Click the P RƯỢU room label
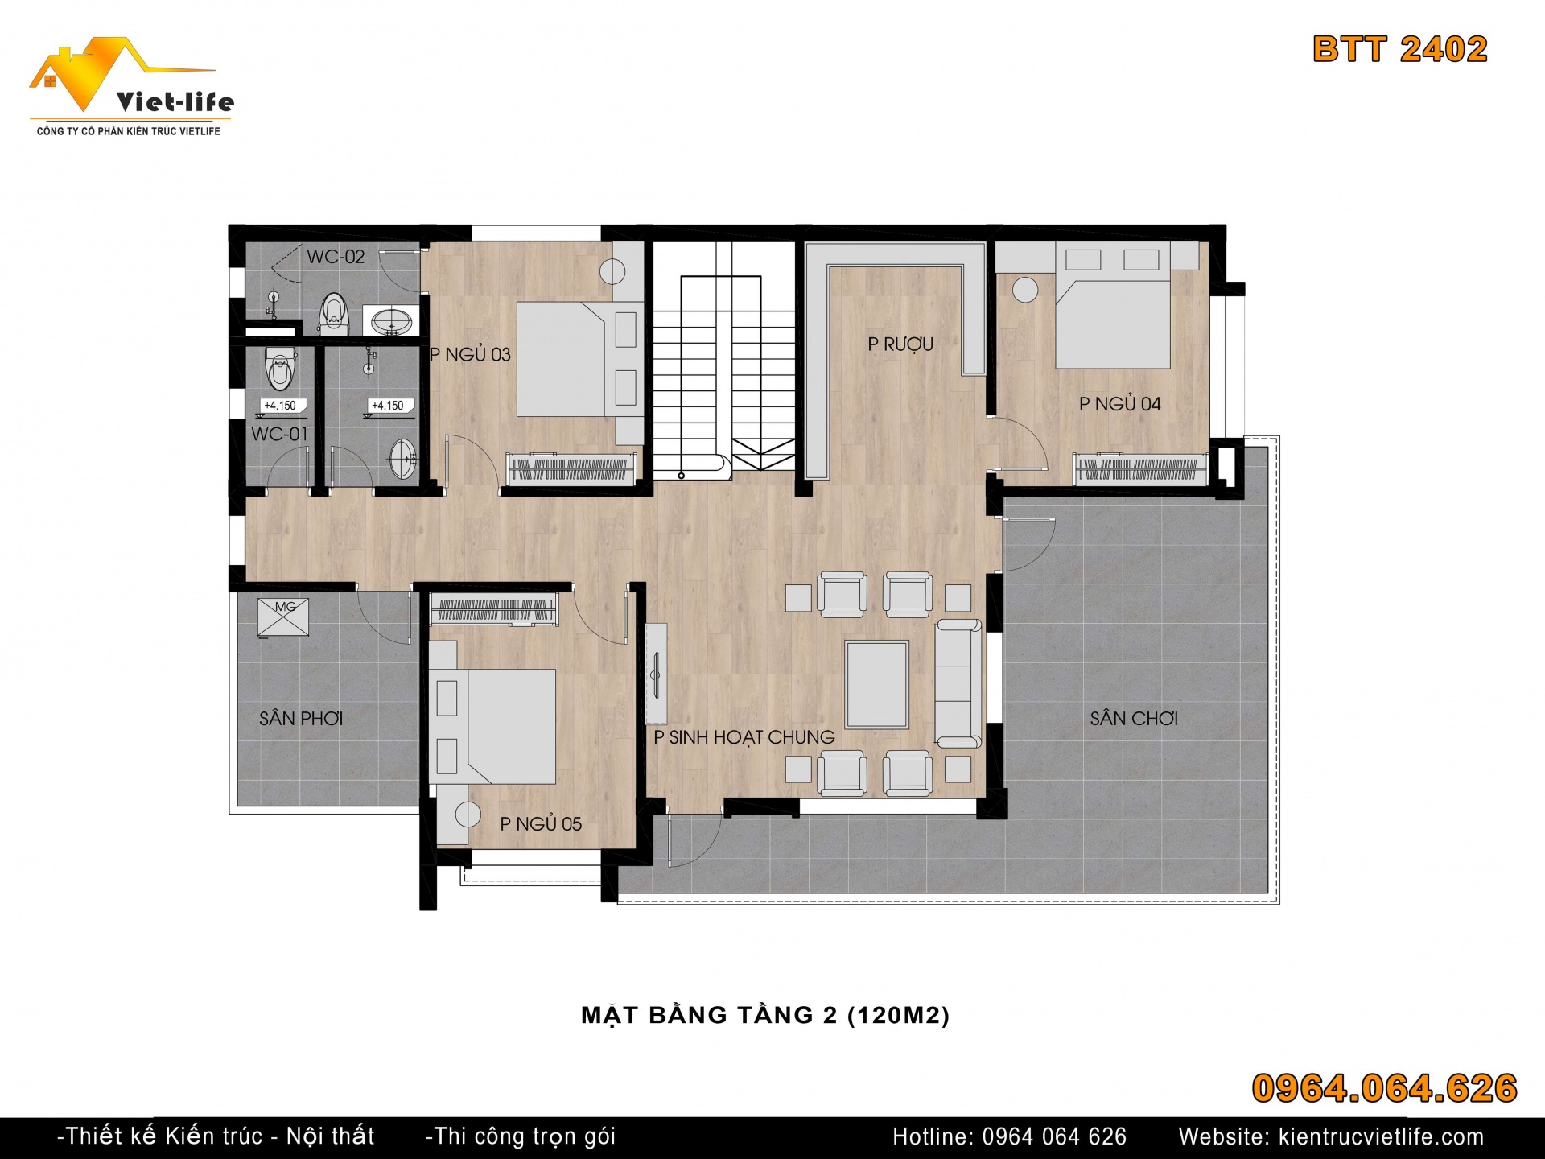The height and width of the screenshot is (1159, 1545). [900, 344]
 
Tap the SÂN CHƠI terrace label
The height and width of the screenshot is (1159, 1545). [1134, 718]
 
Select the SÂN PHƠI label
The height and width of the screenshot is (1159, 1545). [301, 718]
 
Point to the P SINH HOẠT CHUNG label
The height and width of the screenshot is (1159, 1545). [744, 737]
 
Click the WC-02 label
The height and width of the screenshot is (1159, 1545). [336, 257]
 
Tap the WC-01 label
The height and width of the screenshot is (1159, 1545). [279, 434]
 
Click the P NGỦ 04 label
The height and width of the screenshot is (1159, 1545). [1119, 403]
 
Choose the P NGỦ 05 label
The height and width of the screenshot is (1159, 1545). [541, 823]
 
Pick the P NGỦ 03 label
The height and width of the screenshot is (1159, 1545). [471, 354]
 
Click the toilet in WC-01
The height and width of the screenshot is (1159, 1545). [279, 368]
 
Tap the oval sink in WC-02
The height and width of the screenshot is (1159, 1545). [392, 320]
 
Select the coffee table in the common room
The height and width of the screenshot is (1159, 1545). [876, 684]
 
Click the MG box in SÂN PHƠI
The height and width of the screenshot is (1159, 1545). [283, 617]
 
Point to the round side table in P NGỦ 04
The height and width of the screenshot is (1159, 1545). [1025, 290]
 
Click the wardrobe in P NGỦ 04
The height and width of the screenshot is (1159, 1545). [1140, 468]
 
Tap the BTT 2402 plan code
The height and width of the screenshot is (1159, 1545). [1400, 49]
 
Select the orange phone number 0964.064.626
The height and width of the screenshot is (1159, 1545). [1384, 1088]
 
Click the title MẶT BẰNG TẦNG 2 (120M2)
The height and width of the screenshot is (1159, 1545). [765, 1015]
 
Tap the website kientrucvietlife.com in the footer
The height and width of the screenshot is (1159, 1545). [1381, 1136]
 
